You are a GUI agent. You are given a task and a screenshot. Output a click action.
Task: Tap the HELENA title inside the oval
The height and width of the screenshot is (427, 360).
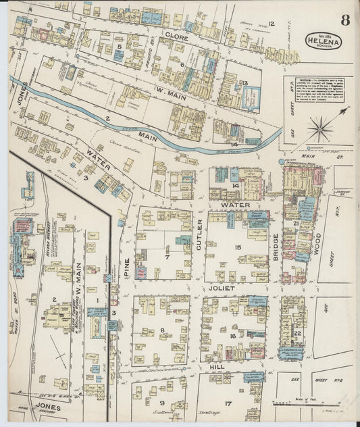point(322,42)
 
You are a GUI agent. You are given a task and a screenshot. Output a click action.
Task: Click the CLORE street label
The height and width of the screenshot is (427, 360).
point(176,39)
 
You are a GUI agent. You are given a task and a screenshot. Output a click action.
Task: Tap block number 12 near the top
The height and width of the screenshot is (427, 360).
point(272,24)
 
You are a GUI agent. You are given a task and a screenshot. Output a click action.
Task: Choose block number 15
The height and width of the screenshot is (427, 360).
point(238,247)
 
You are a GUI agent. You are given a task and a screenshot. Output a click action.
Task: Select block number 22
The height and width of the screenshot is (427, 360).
point(297,334)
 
